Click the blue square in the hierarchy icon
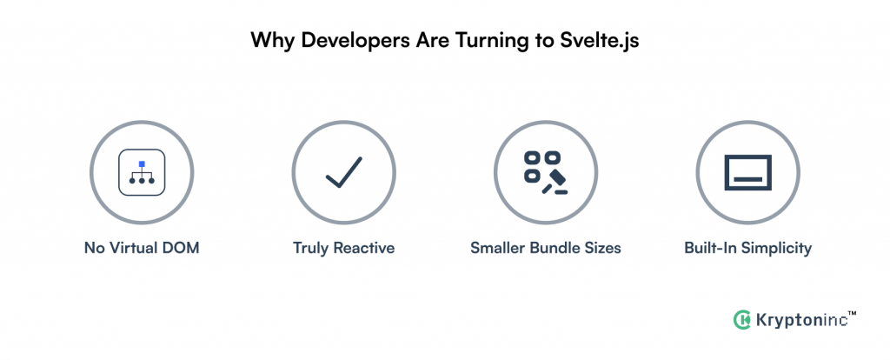pos(142,163)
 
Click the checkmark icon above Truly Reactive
pos(343,171)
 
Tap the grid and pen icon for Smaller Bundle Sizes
pos(545,171)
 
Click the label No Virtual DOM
pos(142,248)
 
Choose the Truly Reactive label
pos(343,248)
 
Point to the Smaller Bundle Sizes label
pos(545,248)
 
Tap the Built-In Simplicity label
pos(747,248)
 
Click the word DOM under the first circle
pos(181,248)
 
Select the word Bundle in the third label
pos(554,248)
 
